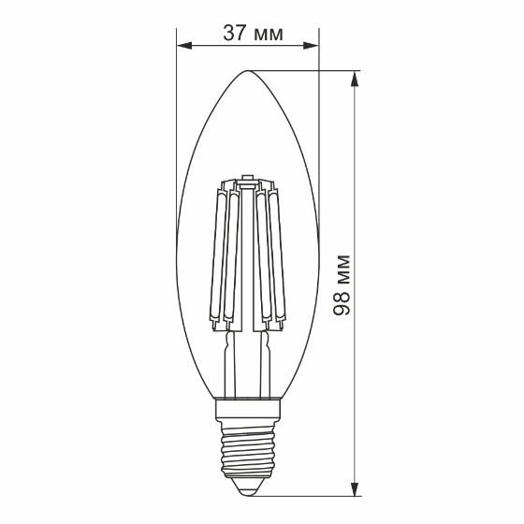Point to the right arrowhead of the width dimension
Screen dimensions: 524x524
coord(312,44)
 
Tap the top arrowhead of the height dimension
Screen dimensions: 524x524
coord(354,79)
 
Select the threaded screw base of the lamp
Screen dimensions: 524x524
coord(248,449)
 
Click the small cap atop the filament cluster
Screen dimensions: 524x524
coord(248,178)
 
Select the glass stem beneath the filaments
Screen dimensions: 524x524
coord(248,365)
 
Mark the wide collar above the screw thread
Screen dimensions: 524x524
coord(248,410)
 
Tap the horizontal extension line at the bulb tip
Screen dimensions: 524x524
coord(309,71)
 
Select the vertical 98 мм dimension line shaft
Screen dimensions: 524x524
coord(354,187)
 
